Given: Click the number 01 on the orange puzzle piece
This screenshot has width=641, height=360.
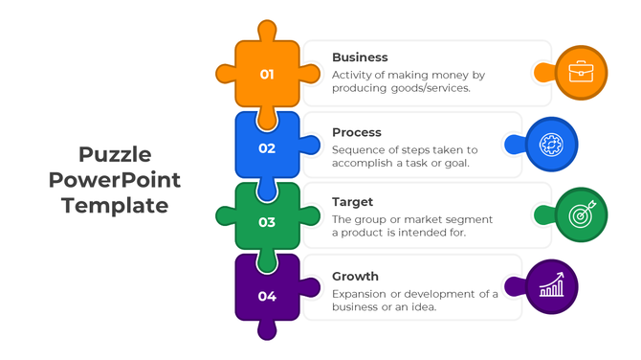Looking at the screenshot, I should coord(267,75).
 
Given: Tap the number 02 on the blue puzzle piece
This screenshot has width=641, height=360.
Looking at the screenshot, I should coord(267,148).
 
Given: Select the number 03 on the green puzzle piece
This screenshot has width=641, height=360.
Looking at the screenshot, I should coord(267,222).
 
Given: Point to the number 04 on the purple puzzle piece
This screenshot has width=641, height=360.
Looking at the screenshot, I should coord(267,297).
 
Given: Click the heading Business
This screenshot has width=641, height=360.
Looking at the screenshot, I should coord(360,57).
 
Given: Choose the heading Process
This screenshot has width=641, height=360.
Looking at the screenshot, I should coord(357,132).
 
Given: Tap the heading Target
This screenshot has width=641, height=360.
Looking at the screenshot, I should coord(352,202).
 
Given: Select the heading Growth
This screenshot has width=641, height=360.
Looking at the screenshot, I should coord(355,277).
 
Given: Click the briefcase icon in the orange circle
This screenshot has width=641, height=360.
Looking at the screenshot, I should coord(581,73).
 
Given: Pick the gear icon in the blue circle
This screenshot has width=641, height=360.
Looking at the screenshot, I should coord(551,145).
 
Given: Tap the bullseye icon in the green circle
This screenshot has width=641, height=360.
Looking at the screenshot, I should coord(581,214).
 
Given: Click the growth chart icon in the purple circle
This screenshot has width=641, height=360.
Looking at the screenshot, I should coord(551,286).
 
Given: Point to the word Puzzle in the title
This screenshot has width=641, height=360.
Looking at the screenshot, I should coord(115,155).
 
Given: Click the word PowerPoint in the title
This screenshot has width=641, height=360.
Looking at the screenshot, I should coord(115,180).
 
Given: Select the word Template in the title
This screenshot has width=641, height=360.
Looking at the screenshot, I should coord(115,205).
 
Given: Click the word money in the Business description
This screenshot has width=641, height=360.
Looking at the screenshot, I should coord(451,75).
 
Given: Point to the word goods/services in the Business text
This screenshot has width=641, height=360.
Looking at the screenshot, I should coord(429,88).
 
